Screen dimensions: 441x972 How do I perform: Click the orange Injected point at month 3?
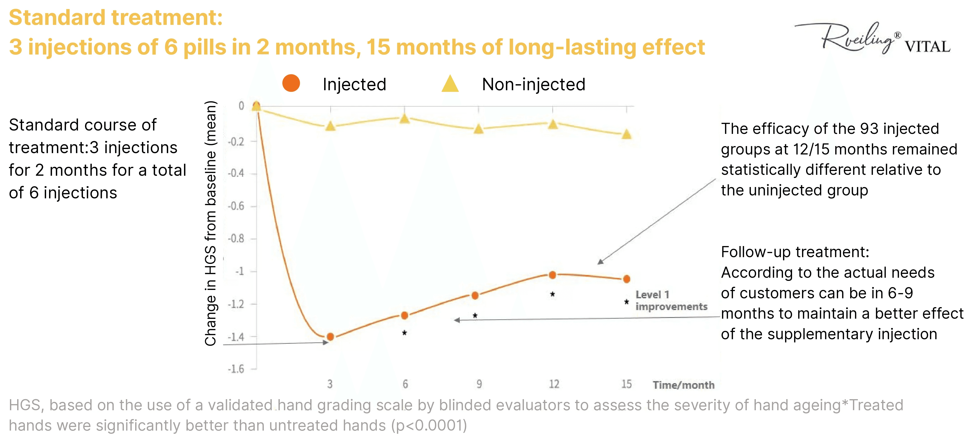(x=330, y=337)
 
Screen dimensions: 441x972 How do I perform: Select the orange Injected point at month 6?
(x=404, y=315)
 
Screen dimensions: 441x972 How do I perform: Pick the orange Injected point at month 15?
(x=626, y=279)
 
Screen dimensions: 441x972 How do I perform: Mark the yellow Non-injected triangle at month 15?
(x=626, y=134)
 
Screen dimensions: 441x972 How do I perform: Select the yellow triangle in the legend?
(x=450, y=84)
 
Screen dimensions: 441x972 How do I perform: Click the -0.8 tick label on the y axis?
(x=236, y=239)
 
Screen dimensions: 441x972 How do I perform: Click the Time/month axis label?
(x=683, y=385)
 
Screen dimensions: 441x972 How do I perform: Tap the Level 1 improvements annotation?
(x=671, y=301)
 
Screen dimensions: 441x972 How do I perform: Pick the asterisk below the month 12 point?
(x=552, y=294)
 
